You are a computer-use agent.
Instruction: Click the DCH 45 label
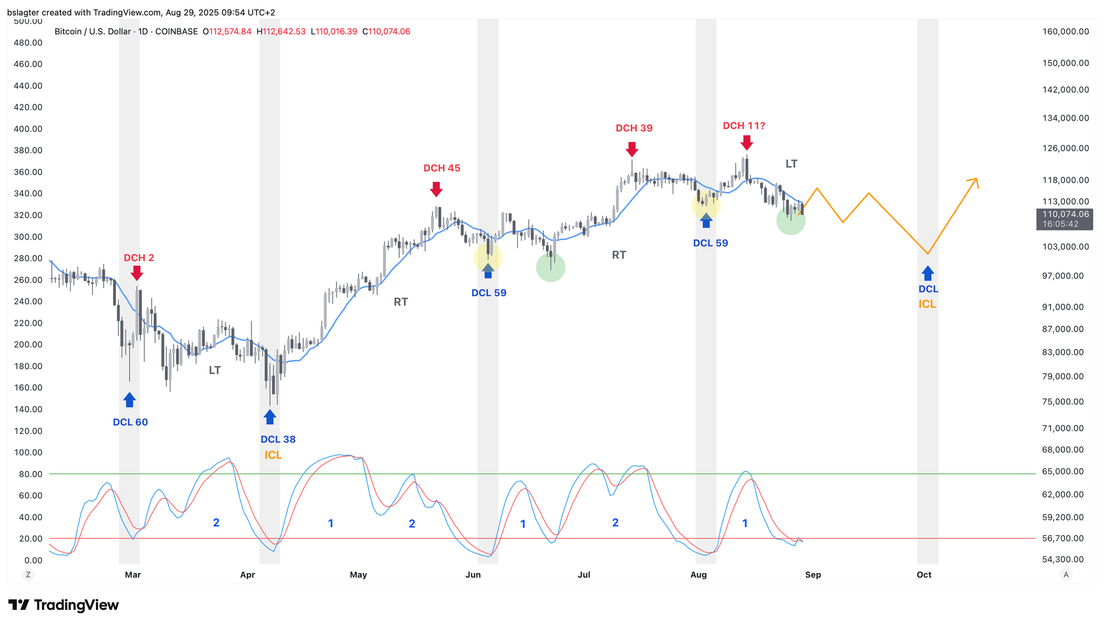442,168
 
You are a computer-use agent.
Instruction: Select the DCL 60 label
130,422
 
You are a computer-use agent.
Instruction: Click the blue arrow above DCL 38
270,417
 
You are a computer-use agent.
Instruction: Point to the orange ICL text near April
273,455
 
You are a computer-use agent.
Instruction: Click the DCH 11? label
744,126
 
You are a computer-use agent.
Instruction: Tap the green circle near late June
550,268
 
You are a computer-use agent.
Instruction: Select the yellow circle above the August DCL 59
706,205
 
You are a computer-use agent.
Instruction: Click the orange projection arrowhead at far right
975,182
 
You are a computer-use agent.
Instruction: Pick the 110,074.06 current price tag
1064,214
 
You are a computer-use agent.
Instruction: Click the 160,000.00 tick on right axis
1065,31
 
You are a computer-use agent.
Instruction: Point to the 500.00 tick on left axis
28,22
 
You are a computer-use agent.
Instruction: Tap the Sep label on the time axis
813,575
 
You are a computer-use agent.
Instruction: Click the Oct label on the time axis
924,575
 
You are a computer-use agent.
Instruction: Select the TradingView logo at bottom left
64,605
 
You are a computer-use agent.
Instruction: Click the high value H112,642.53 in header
281,31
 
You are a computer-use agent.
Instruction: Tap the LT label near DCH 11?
791,164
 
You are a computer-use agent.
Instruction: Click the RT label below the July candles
619,255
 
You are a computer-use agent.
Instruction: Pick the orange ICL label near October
927,304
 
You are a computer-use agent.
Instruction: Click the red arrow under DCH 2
137,273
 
